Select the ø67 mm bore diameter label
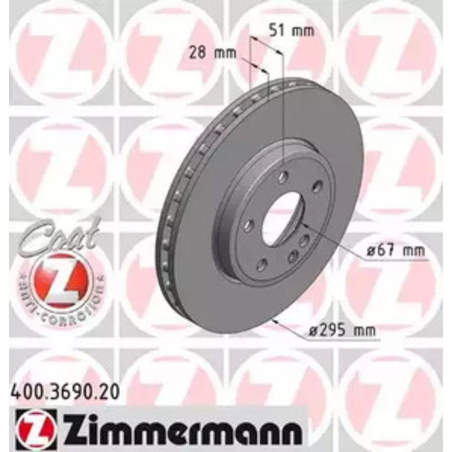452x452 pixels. tap(391, 252)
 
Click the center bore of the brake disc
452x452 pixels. tap(284, 220)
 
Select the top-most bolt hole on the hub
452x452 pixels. tap(285, 176)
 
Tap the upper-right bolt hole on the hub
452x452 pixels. tap(316, 187)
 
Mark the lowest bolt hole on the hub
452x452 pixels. tap(262, 263)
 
